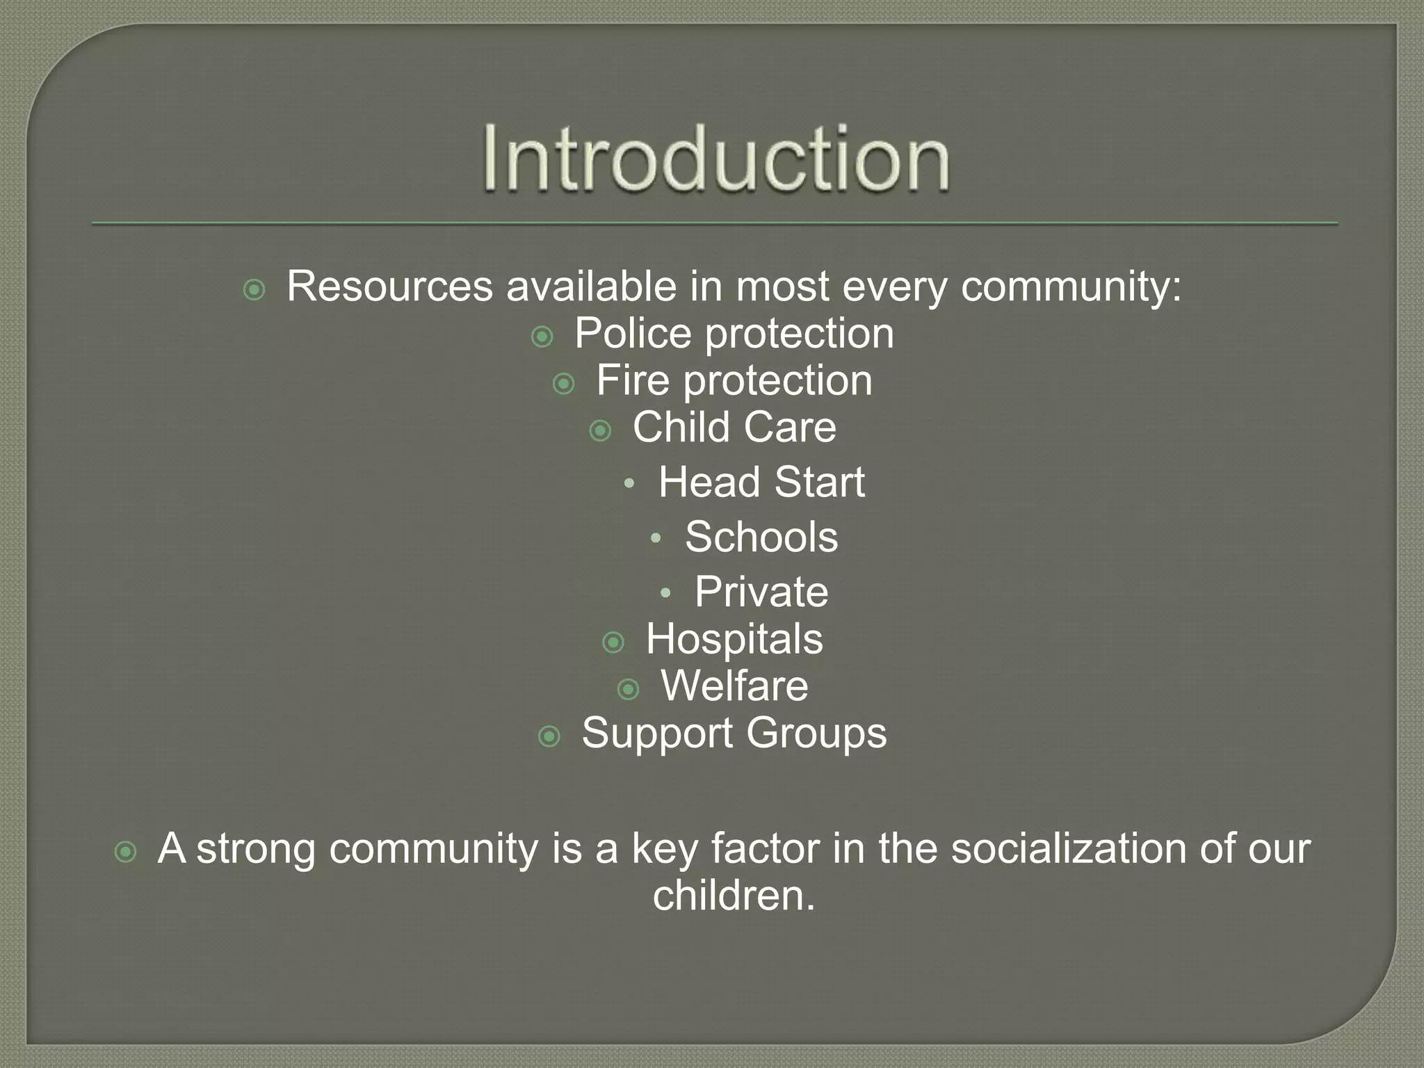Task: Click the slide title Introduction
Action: (716, 159)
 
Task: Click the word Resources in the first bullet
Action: (389, 286)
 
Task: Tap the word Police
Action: (633, 334)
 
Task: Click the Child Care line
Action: (734, 427)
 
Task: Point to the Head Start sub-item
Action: (761, 482)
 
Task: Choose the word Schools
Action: (761, 537)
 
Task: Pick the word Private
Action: (761, 592)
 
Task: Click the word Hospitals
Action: (734, 639)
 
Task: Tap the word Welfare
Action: (734, 686)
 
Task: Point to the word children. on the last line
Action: (734, 896)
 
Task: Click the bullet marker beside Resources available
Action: (254, 290)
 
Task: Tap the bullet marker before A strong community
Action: (125, 852)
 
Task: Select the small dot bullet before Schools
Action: (655, 538)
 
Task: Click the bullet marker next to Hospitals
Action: (613, 642)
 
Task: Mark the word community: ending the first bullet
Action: (1071, 286)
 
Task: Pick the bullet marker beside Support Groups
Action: (549, 736)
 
